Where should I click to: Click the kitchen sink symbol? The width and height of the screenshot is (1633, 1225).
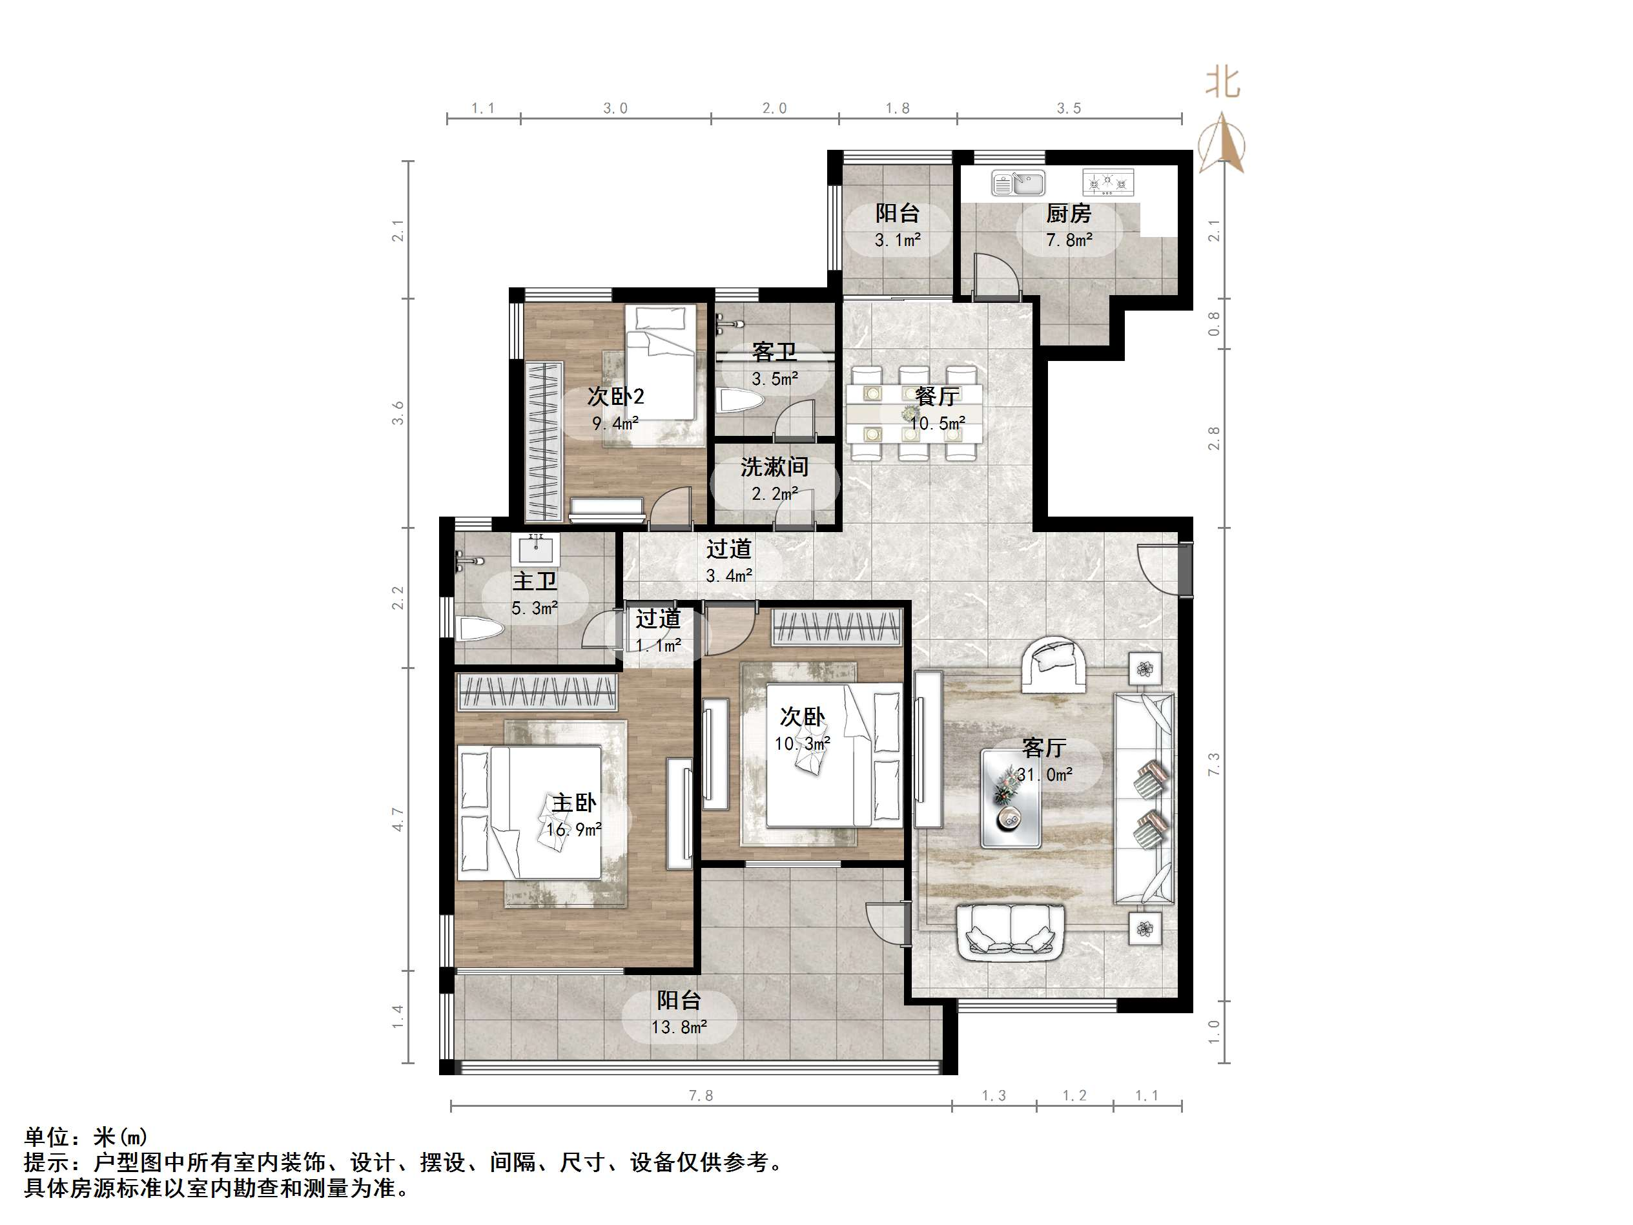click(x=1018, y=182)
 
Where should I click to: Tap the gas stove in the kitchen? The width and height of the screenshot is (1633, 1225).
click(x=1107, y=181)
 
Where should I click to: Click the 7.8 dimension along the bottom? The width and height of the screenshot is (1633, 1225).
click(x=701, y=1096)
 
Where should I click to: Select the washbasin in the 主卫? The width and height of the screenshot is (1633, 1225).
click(x=535, y=550)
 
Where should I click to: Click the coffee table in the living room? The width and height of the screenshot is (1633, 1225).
click(x=1011, y=798)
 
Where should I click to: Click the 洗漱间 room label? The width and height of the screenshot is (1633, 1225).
click(x=774, y=467)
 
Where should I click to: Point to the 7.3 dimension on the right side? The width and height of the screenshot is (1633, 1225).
click(x=1214, y=764)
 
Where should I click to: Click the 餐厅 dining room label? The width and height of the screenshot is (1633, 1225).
click(x=937, y=396)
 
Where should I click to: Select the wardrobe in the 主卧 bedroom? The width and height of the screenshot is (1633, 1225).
click(x=537, y=692)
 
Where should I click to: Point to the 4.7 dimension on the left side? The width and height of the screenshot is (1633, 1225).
click(x=398, y=819)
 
